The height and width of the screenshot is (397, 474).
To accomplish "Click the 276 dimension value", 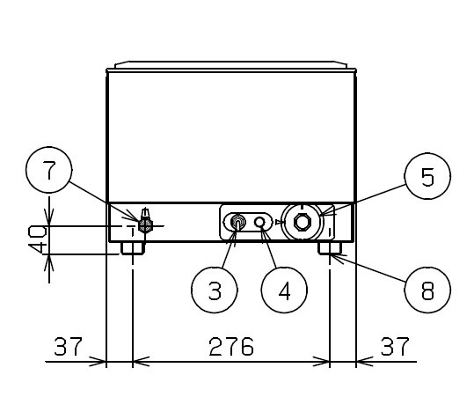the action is click(231, 346).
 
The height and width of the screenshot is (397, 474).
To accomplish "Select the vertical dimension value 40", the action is click(37, 240).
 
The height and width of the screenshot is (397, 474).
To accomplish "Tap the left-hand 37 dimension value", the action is click(68, 346).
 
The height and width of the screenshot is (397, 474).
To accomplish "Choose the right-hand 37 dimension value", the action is click(395, 346).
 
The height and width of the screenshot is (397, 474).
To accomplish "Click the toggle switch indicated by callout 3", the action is click(238, 223).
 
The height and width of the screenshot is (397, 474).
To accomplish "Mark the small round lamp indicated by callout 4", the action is click(259, 222).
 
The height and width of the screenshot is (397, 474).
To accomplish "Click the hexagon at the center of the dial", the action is click(303, 222).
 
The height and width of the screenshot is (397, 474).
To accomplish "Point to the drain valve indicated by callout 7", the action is click(145, 222).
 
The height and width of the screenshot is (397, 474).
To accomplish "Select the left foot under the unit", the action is click(133, 248).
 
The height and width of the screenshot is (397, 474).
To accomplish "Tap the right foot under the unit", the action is click(330, 248).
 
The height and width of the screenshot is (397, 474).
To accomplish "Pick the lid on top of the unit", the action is click(231, 67).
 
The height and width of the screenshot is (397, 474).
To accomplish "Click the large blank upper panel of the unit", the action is click(231, 137).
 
